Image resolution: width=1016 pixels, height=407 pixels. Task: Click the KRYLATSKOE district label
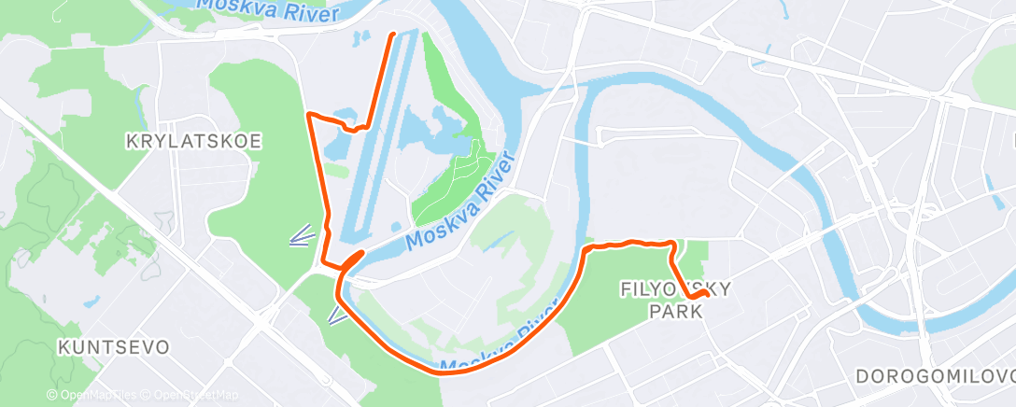(x=193, y=141)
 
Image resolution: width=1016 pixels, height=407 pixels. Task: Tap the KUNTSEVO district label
(x=113, y=347)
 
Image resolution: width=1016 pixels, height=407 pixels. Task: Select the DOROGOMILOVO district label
(x=935, y=376)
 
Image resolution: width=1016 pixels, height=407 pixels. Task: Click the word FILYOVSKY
(x=675, y=290)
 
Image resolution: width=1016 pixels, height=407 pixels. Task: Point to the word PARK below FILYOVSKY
(x=675, y=311)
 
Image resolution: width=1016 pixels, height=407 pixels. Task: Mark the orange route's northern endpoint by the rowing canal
(x=391, y=35)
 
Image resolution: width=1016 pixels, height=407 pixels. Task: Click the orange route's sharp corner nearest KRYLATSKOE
(x=309, y=115)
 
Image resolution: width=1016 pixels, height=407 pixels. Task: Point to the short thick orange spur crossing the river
(x=353, y=260)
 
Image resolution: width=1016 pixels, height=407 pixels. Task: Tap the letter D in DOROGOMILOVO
(x=862, y=376)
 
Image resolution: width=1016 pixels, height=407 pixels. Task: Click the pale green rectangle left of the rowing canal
(x=337, y=172)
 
